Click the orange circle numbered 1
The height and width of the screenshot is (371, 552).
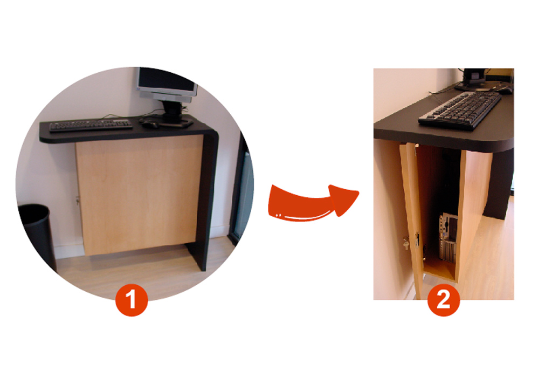132,300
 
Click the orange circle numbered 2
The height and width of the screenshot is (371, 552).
444,300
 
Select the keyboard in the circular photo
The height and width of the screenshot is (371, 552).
91,125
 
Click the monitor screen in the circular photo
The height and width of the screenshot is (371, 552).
166,81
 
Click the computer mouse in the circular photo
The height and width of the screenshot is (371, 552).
150,123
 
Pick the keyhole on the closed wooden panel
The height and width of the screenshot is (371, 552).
78,201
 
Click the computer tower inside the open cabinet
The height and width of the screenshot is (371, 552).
448,238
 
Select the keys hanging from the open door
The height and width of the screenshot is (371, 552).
406,243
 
